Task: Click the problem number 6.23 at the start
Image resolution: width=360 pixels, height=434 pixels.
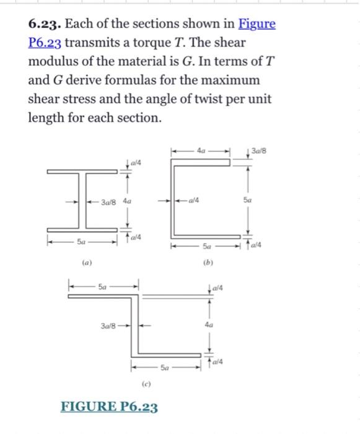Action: (44, 25)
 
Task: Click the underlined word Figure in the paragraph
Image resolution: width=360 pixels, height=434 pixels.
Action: (257, 25)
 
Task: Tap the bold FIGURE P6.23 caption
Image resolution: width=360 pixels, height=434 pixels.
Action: (108, 407)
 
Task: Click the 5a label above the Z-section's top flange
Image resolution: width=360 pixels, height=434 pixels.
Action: (103, 286)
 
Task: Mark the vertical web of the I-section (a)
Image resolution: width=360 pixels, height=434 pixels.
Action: (82, 201)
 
